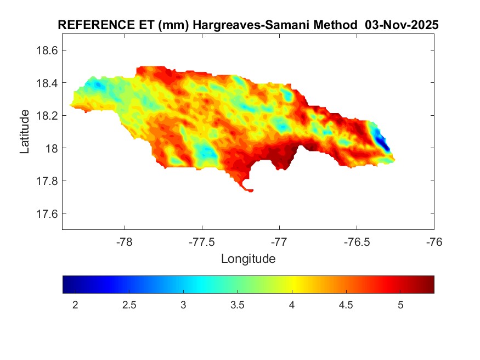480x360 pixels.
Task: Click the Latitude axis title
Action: pos(25,131)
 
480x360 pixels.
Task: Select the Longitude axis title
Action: pos(248,258)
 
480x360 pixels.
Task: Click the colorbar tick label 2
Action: pos(75,305)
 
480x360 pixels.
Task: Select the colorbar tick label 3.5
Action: pos(238,305)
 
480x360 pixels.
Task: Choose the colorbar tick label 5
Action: pos(400,305)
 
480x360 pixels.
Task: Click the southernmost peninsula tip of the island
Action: pos(251,191)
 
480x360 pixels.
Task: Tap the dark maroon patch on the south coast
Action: pos(310,148)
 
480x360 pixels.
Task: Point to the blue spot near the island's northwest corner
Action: pos(99,85)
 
